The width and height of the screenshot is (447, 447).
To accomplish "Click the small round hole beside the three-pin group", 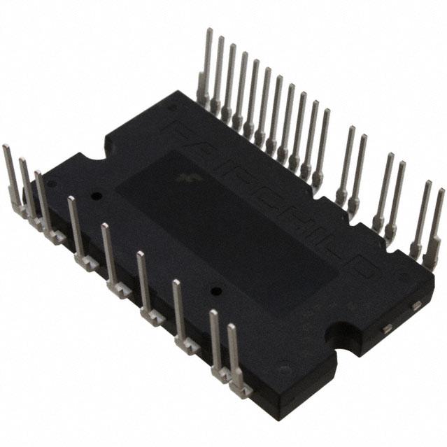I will tap(97, 196).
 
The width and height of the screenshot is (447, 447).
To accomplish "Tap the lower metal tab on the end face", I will tap(385, 327).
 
